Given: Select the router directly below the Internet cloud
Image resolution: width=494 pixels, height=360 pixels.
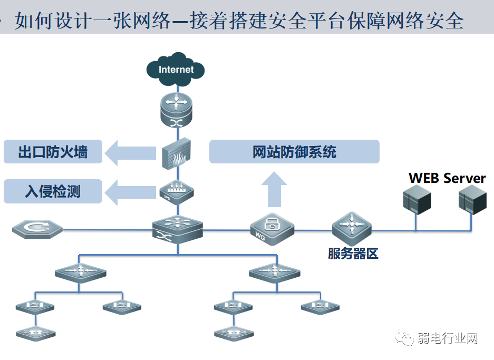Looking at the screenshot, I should click(x=177, y=109).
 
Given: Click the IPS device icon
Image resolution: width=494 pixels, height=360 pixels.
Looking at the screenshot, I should click(x=177, y=192).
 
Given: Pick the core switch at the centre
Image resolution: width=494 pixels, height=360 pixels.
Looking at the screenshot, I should click(x=177, y=230).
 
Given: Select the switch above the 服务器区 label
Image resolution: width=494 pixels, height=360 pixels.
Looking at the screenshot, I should click(x=352, y=227).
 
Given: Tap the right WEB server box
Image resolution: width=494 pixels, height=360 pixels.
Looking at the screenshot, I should click(x=471, y=201).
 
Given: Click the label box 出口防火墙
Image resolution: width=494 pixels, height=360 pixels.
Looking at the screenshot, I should click(x=53, y=152).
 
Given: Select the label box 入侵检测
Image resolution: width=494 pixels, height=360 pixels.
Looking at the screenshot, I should click(x=53, y=191).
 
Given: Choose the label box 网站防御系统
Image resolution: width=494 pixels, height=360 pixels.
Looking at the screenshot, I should click(x=294, y=152).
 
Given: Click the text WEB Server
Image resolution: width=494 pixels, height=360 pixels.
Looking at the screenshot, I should click(x=447, y=178).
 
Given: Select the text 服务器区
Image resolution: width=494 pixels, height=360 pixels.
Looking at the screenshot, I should click(x=353, y=254).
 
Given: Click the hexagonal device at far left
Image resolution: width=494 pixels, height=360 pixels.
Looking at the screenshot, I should click(x=37, y=229).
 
